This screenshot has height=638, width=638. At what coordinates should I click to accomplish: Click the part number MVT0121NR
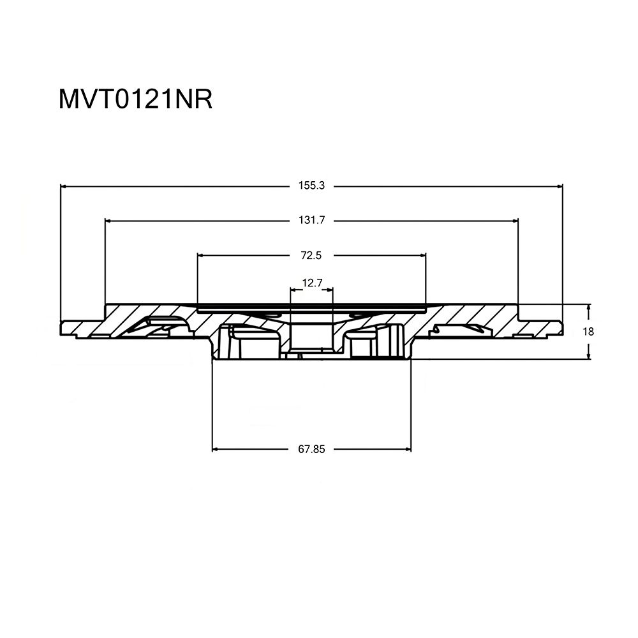pyautogui.click(x=135, y=100)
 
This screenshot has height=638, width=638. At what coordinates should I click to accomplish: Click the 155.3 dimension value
pyautogui.click(x=312, y=186)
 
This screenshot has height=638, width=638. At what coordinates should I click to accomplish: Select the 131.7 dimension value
pyautogui.click(x=312, y=220)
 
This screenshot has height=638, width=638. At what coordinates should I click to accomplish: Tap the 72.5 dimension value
pyautogui.click(x=311, y=255)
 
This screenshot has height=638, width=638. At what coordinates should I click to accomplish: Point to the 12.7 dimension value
pyautogui.click(x=312, y=283)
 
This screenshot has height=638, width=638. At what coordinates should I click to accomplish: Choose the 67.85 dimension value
pyautogui.click(x=312, y=449)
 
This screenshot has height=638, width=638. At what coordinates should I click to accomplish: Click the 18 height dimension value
pyautogui.click(x=588, y=332)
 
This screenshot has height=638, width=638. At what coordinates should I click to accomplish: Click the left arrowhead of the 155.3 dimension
pyautogui.click(x=63, y=186)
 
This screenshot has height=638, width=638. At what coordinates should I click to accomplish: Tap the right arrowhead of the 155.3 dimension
pyautogui.click(x=560, y=186)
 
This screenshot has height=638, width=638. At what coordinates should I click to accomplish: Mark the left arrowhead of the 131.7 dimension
pyautogui.click(x=108, y=221)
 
